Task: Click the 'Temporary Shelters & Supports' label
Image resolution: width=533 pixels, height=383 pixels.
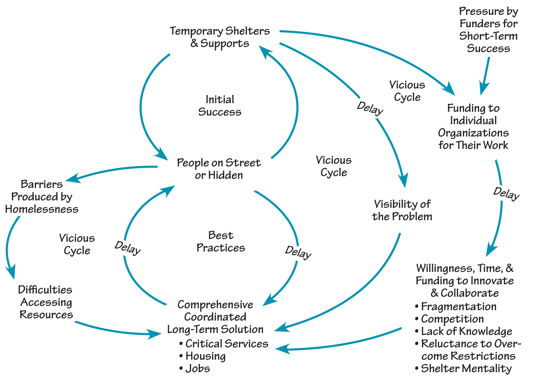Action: point(220,37)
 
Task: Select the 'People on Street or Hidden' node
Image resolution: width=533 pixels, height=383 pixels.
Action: point(219,169)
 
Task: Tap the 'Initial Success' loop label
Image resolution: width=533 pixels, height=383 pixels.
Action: point(220,106)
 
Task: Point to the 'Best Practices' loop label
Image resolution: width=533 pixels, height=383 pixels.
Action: point(221,242)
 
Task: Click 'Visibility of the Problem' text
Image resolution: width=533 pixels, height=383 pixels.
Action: point(402,211)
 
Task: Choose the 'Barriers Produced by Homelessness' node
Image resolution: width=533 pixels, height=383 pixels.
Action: point(42,197)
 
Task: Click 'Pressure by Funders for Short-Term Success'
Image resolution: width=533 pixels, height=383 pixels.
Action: point(488,30)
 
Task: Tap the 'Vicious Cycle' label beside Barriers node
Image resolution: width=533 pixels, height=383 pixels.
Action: point(77,244)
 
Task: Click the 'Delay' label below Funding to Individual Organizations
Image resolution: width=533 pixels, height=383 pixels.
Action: point(506,193)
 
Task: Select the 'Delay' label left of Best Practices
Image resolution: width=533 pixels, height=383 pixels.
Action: point(128,248)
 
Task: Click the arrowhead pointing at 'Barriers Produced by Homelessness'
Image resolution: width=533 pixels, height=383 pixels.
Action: point(73,178)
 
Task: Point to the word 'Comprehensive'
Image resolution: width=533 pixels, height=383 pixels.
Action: point(215,305)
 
